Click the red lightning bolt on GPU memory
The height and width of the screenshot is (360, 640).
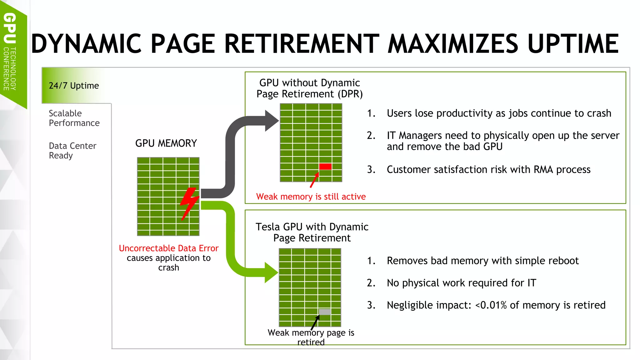point(189,203)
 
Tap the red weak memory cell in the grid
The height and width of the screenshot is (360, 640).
point(325,167)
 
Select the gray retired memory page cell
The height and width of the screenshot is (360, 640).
point(325,312)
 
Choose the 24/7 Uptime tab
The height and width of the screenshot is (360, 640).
point(74,86)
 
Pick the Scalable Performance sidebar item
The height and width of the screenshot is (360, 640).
point(74,118)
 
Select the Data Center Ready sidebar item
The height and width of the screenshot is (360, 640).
point(72,151)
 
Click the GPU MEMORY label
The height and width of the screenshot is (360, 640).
point(166,143)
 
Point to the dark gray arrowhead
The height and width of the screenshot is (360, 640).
point(271,121)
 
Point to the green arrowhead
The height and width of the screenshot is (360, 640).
point(271,272)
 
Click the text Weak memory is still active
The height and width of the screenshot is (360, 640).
point(311,197)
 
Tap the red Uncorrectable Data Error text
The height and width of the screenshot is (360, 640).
point(168,248)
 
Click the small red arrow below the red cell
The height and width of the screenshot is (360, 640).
point(314,180)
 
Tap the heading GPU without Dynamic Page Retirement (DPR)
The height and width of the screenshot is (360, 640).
point(309,88)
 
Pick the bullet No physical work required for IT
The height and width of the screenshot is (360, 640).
point(461,283)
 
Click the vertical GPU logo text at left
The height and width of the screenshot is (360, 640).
point(10,28)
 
